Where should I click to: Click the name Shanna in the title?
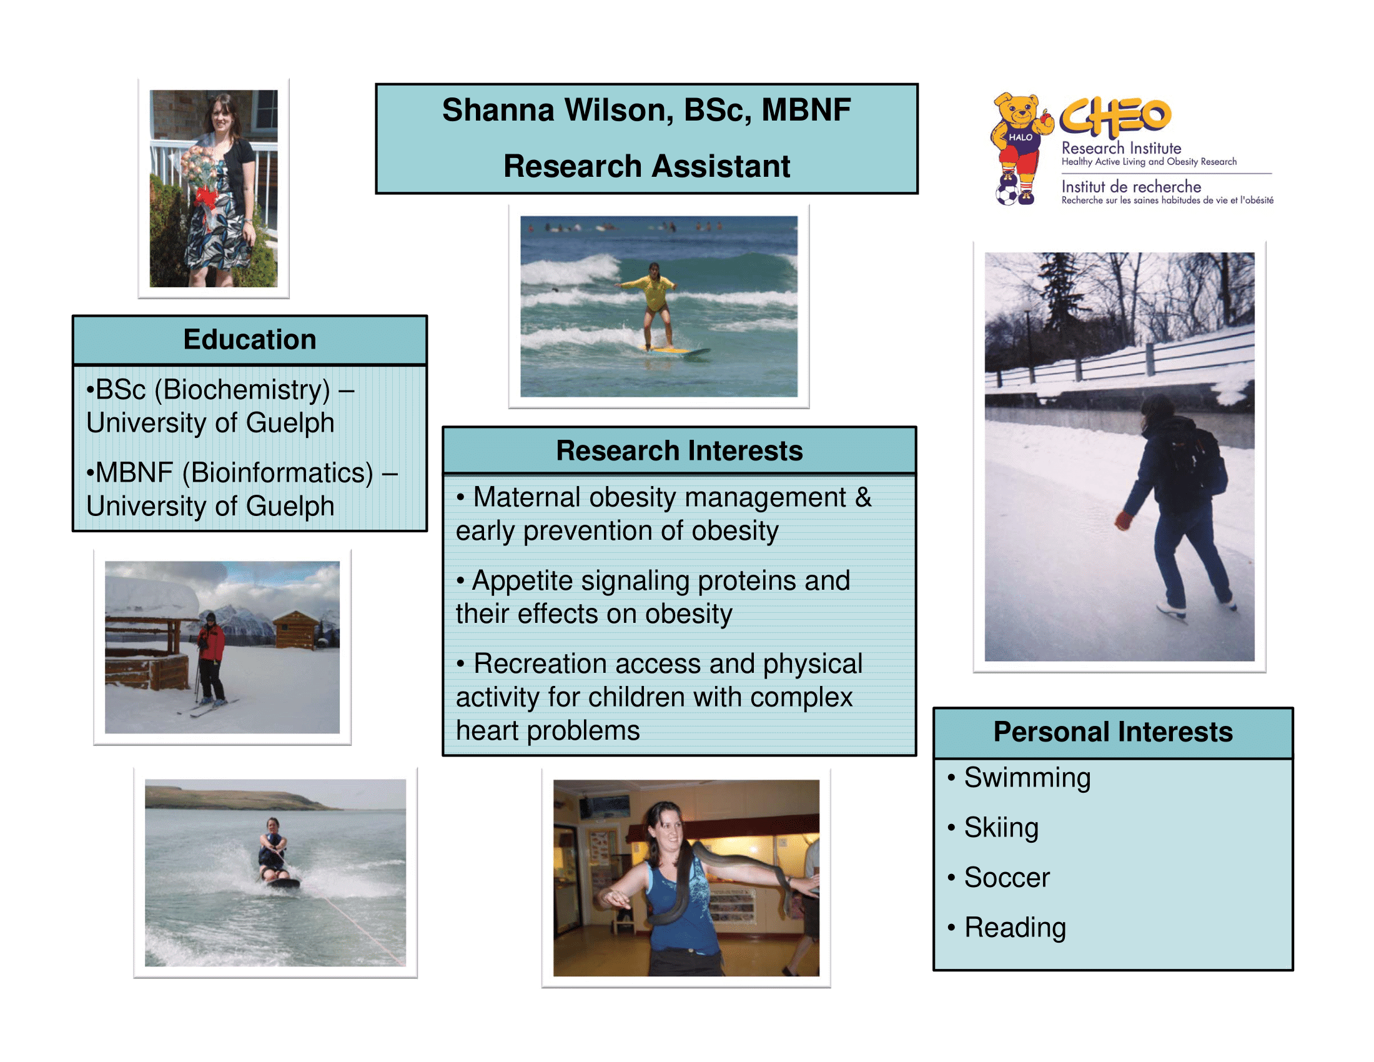point(498,109)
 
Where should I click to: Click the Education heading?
point(250,339)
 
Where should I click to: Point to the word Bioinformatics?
point(277,473)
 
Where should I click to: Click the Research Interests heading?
point(680,450)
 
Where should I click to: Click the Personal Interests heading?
point(1113,732)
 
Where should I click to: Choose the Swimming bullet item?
point(1027,778)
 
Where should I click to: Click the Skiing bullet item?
point(1001,828)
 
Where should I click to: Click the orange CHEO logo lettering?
point(1115,117)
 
